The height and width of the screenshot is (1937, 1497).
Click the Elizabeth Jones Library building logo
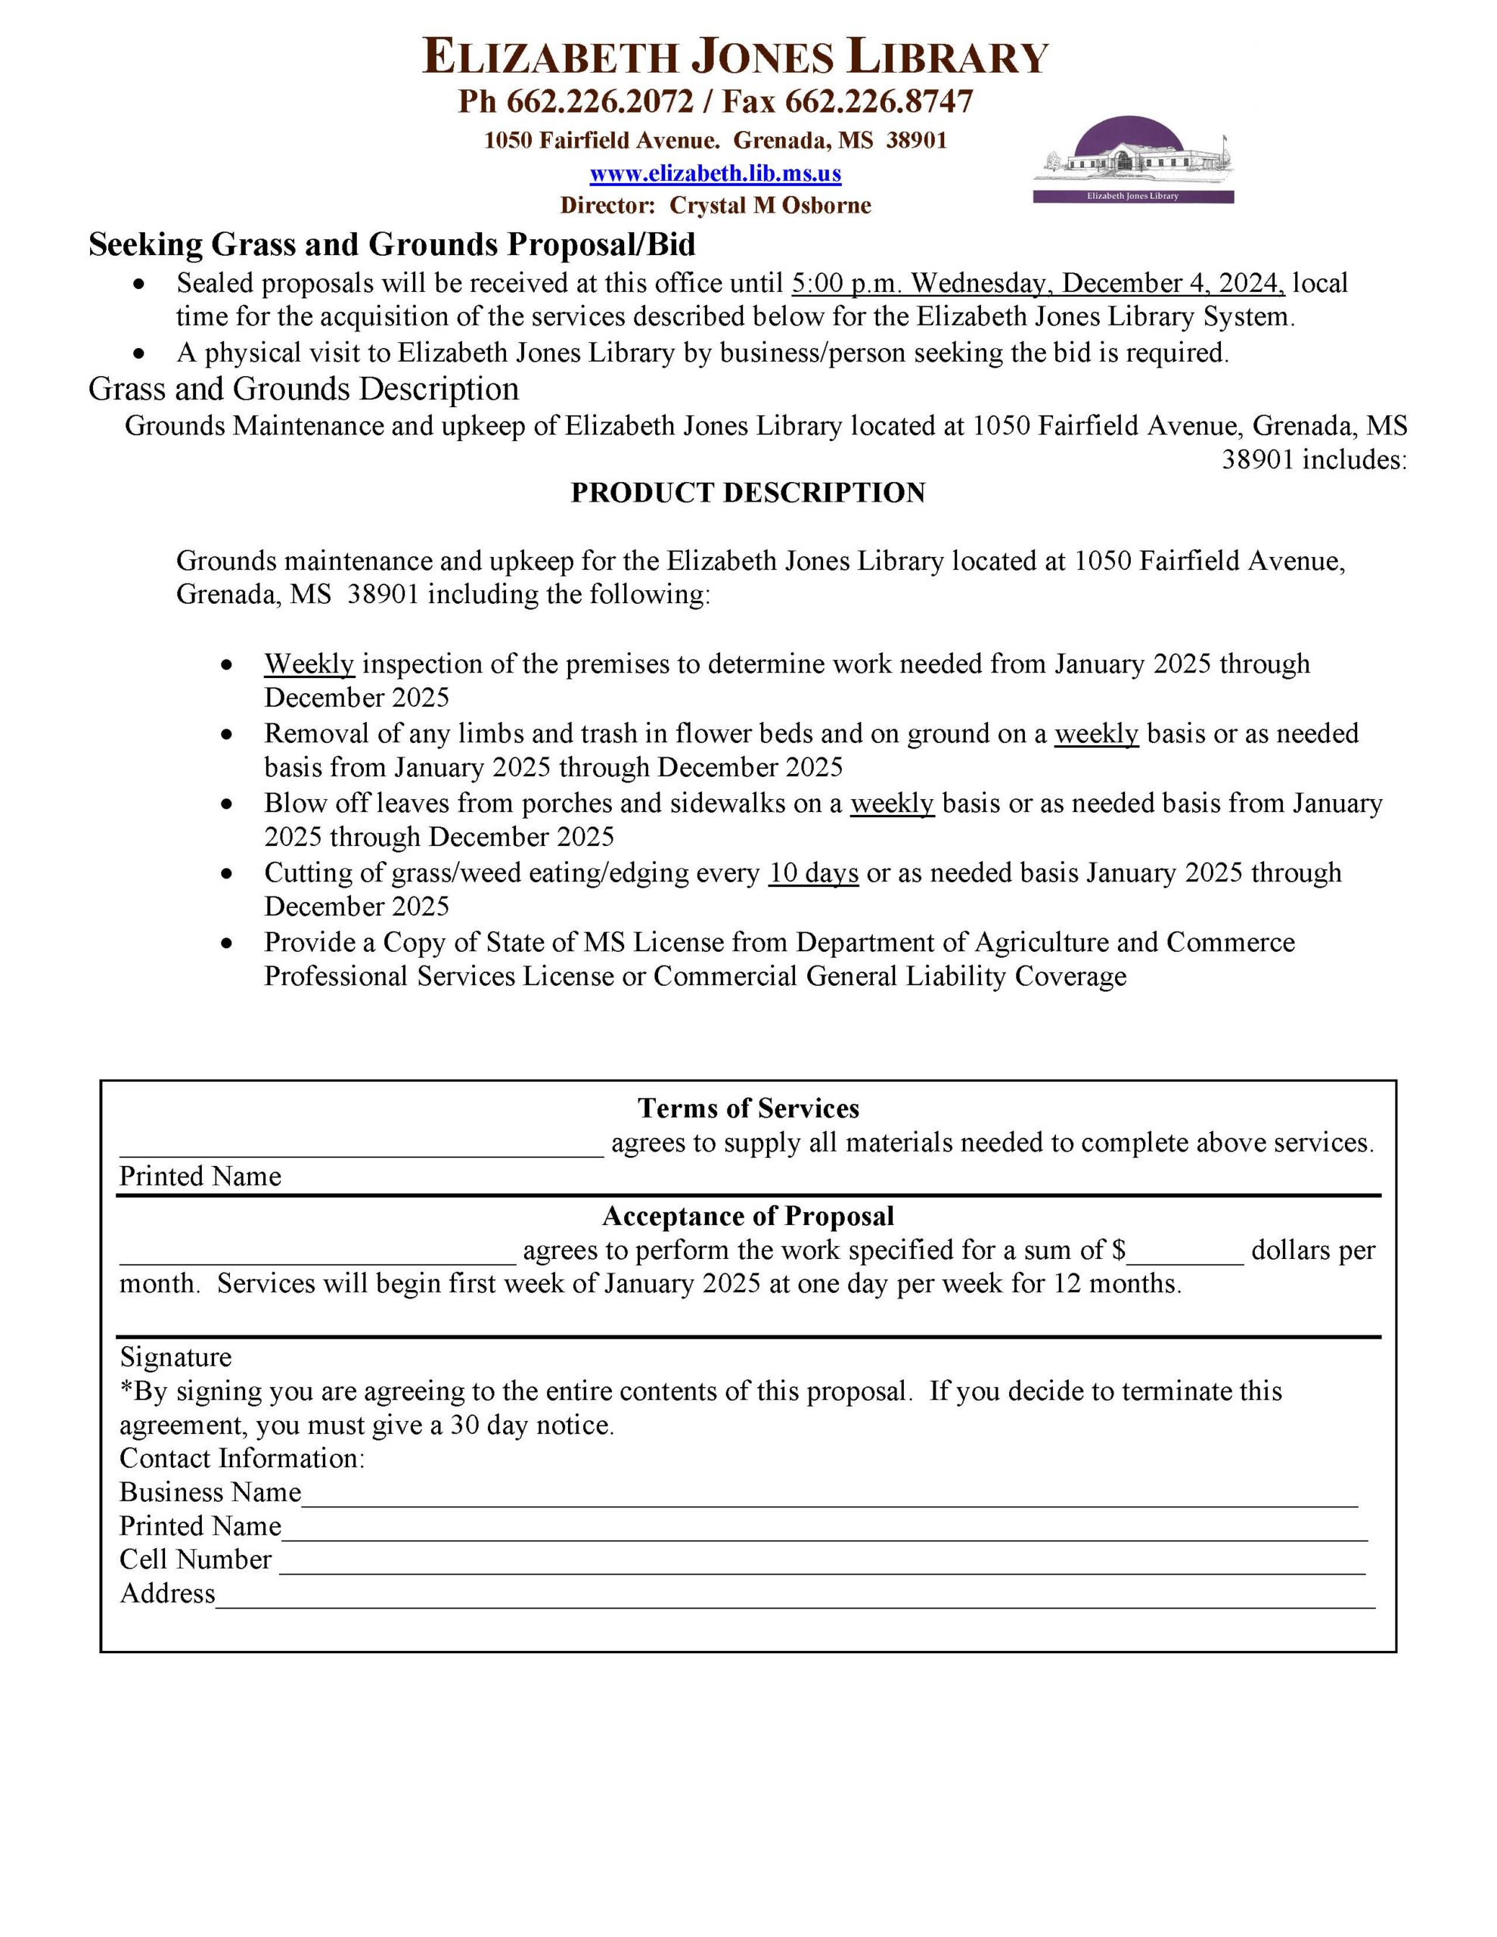pyautogui.click(x=1132, y=160)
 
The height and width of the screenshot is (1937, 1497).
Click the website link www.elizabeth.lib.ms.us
pyautogui.click(x=715, y=173)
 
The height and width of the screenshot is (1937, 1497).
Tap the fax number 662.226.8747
pyautogui.click(x=878, y=102)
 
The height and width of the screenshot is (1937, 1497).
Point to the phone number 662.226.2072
pyautogui.click(x=600, y=102)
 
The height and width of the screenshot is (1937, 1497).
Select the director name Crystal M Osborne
pyautogui.click(x=770, y=206)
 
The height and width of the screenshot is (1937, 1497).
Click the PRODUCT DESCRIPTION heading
pyautogui.click(x=747, y=493)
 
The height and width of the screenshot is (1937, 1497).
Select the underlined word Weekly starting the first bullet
pyautogui.click(x=309, y=664)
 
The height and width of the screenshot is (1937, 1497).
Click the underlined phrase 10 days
pyautogui.click(x=813, y=872)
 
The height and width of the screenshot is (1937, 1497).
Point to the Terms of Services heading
pyautogui.click(x=747, y=1108)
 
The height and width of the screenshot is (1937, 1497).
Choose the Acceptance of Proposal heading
pyautogui.click(x=747, y=1216)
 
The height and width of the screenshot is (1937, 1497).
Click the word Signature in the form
pyautogui.click(x=175, y=1357)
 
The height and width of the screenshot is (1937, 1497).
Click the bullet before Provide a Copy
pyautogui.click(x=228, y=943)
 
